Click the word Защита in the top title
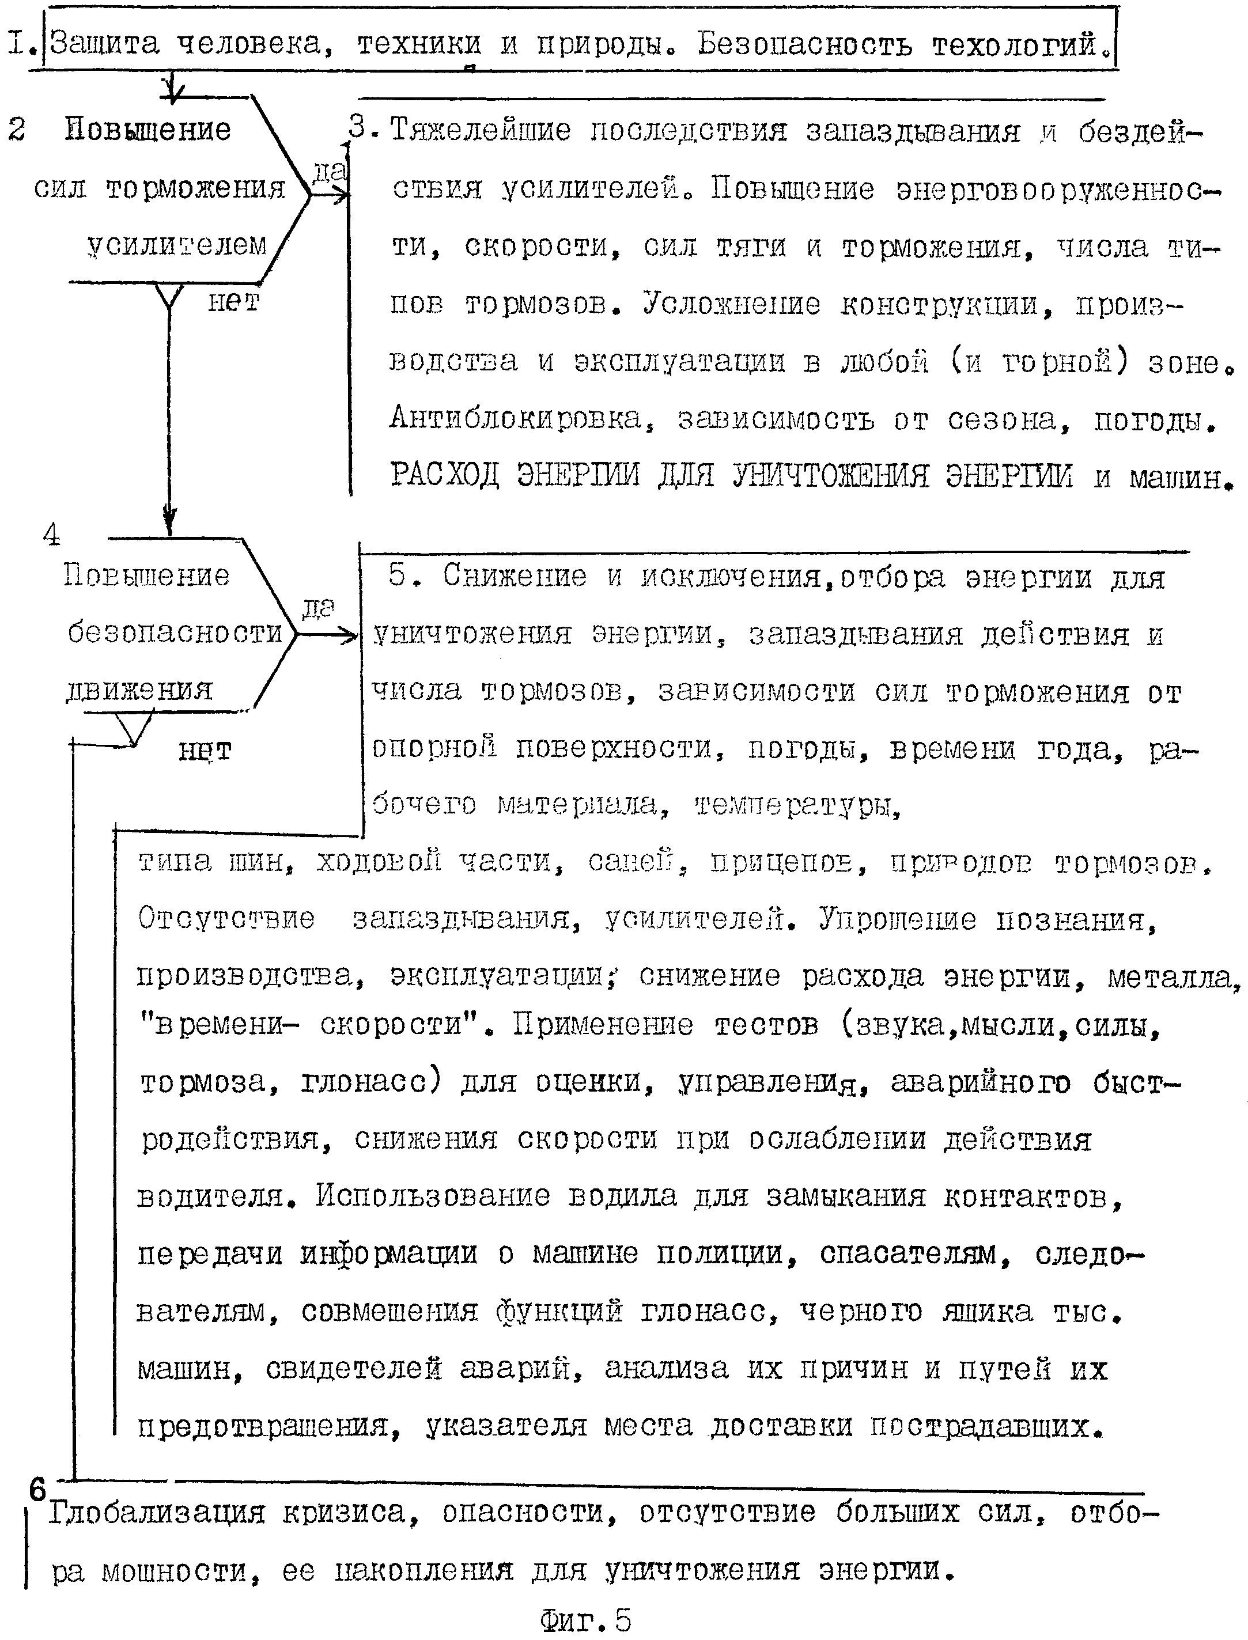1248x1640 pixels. click(x=105, y=44)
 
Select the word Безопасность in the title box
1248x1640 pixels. click(x=804, y=44)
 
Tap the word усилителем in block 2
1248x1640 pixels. click(x=177, y=244)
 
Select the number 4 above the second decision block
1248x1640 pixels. click(x=52, y=535)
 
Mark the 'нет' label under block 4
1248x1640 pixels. click(x=205, y=751)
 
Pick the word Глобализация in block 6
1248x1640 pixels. click(x=157, y=1513)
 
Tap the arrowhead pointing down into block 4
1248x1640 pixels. click(x=169, y=518)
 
